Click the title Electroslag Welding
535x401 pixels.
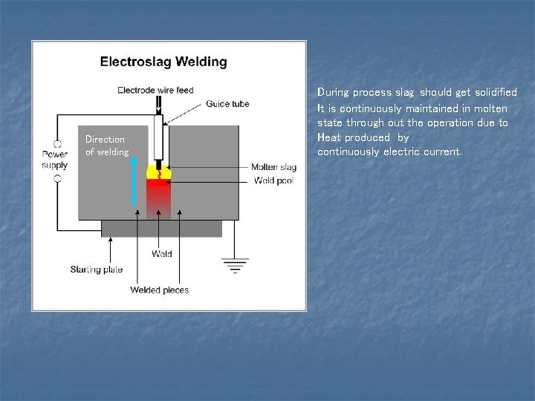[163, 62]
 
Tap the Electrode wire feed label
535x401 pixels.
[155, 91]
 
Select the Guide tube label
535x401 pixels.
[227, 104]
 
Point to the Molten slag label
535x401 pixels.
[273, 167]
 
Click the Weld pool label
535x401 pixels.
[273, 180]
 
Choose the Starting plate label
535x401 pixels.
[97, 269]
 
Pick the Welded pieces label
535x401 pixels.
[159, 290]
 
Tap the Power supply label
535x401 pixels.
[54, 160]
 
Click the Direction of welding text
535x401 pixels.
[106, 146]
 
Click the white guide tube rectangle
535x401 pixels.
[158, 137]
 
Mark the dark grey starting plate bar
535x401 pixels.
[160, 228]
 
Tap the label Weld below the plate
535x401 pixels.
[161, 254]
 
